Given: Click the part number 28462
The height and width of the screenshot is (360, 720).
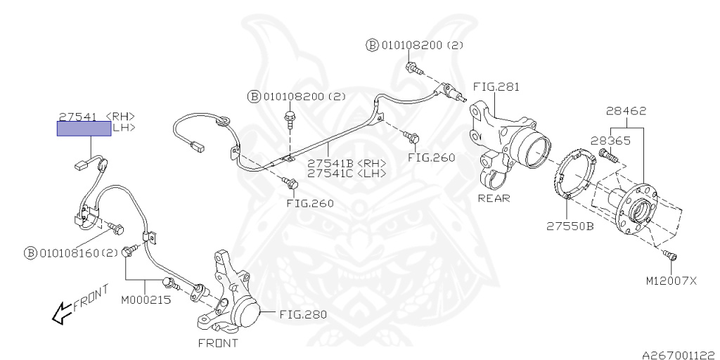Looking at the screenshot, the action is tap(626, 110).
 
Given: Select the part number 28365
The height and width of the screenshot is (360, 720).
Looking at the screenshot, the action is tap(610, 141).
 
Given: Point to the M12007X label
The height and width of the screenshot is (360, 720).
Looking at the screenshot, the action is tap(672, 280).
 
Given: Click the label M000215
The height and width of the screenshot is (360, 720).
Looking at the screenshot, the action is tap(146, 300).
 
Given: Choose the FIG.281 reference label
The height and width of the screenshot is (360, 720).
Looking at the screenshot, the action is tap(496, 86).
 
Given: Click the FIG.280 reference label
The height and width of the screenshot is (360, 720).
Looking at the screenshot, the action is tap(303, 314).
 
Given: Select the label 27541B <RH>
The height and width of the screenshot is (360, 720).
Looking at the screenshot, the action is tap(347, 163).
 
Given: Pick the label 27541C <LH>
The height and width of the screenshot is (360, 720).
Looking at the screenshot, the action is tap(347, 173).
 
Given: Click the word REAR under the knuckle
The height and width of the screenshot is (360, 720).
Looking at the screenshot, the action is tap(494, 198).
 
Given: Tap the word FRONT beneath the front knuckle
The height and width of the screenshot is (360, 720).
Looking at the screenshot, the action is tap(218, 343).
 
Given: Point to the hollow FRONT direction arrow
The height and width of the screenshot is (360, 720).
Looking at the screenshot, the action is tap(61, 316).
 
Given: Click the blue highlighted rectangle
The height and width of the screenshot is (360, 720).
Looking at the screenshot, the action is tap(84, 129).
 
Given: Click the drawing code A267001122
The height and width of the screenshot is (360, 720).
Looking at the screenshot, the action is tap(681, 355).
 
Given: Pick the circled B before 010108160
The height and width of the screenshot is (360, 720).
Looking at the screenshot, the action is tap(30, 253).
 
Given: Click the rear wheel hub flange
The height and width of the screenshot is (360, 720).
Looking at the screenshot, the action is tap(636, 210).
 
